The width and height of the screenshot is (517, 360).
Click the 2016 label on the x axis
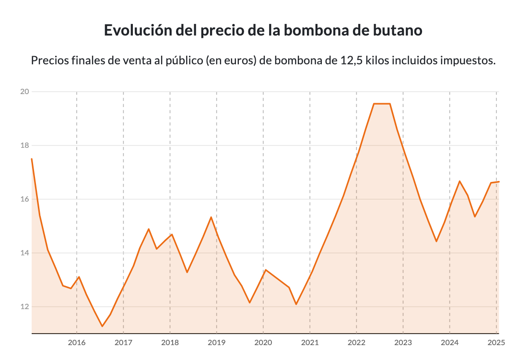click(x=77, y=343)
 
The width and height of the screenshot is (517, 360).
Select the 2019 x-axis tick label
click(x=216, y=343)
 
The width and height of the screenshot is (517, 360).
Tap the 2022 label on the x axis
click(x=356, y=343)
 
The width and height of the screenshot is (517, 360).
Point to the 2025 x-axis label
click(x=496, y=343)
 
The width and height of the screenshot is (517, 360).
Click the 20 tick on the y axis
click(x=24, y=92)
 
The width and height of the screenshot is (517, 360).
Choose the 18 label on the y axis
click(x=24, y=145)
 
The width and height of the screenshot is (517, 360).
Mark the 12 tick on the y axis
click(x=24, y=307)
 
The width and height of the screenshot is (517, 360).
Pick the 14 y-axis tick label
click(x=24, y=253)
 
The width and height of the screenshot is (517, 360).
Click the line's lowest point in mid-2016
click(x=102, y=326)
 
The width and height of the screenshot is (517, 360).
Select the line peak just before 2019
click(x=211, y=217)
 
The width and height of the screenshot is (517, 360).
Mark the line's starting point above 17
click(x=32, y=159)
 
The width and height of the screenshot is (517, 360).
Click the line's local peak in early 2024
click(x=459, y=181)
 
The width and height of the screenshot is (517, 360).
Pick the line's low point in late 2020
click(x=296, y=304)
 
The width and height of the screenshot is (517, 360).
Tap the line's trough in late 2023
click(x=436, y=241)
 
